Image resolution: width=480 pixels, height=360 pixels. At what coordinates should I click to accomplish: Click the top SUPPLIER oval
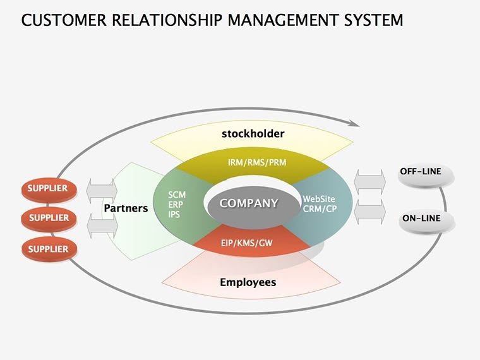click(x=49, y=188)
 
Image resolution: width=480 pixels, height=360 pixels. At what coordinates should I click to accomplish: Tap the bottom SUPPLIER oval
click(x=49, y=249)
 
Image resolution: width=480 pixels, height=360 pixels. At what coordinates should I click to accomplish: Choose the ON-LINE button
click(x=421, y=220)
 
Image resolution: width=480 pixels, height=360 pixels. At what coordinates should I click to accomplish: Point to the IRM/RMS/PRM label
click(x=257, y=162)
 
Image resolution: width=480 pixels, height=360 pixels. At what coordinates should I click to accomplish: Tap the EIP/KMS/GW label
click(x=248, y=242)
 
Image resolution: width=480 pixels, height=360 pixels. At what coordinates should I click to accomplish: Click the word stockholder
click(x=253, y=134)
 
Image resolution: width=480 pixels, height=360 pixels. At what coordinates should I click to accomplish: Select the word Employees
click(x=248, y=282)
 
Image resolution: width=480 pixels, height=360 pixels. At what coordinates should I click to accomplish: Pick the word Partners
click(x=126, y=208)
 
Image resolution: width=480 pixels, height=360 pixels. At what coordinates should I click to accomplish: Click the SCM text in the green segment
click(x=177, y=194)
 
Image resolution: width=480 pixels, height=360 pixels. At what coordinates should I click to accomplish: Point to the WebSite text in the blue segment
click(x=319, y=198)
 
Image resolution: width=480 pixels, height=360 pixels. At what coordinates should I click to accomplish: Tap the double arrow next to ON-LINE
click(x=370, y=211)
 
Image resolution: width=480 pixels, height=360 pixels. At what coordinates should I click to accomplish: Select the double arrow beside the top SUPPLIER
click(x=102, y=188)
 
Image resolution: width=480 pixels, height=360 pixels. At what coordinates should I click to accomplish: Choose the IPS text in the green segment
click(x=175, y=214)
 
